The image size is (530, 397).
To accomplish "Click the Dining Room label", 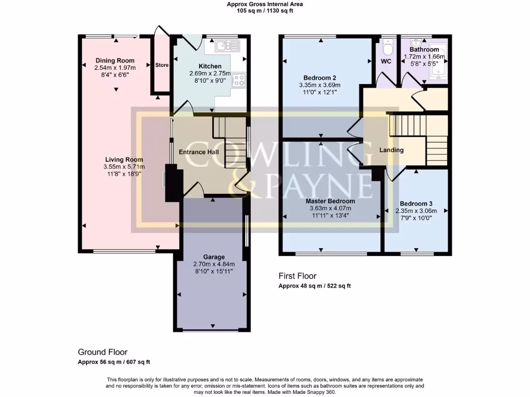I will (x=115, y=60).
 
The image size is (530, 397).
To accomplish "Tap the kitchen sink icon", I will (x=227, y=47).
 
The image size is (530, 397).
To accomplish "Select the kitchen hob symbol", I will (x=240, y=80).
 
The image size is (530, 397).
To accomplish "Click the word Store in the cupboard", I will (x=162, y=65).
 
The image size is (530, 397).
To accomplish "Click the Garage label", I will (x=214, y=257).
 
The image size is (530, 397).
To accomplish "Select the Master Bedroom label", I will (x=330, y=201).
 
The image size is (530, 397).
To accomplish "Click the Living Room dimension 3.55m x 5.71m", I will (x=124, y=167).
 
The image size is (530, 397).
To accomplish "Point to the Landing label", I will (x=391, y=150).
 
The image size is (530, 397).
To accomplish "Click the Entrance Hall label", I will (x=199, y=152).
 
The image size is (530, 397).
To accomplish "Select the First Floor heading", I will (x=297, y=276).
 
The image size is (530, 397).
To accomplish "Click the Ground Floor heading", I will (x=102, y=352).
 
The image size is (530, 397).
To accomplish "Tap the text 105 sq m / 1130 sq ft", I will (x=264, y=10).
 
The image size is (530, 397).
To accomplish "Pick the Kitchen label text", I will (x=210, y=66).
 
